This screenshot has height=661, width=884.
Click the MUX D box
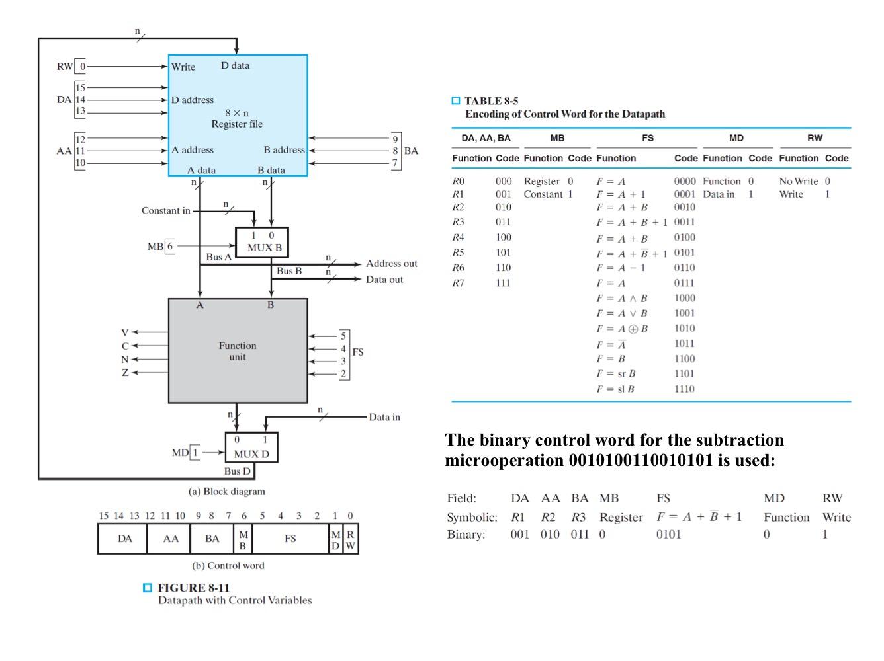click(x=251, y=447)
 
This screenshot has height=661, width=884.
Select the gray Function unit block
click(x=238, y=351)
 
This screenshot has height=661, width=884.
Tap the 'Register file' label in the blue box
click(x=237, y=124)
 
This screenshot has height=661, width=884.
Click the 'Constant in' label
click(x=165, y=211)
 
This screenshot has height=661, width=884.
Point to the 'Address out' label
click(x=392, y=264)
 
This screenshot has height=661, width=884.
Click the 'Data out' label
click(x=384, y=280)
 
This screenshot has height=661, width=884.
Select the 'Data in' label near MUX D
click(x=384, y=417)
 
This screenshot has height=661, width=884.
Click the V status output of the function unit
click(x=125, y=332)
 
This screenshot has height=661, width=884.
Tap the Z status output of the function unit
click(x=125, y=373)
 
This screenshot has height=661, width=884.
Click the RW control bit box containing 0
click(x=82, y=67)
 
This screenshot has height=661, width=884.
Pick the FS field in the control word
click(x=290, y=539)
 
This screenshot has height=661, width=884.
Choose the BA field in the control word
click(x=212, y=539)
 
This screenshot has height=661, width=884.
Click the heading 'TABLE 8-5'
click(x=491, y=101)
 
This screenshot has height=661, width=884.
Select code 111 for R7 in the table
click(x=504, y=283)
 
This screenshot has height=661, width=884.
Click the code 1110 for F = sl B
click(x=684, y=389)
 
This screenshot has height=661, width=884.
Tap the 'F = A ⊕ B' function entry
click(x=622, y=329)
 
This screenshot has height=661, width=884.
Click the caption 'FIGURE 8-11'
click(x=193, y=588)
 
